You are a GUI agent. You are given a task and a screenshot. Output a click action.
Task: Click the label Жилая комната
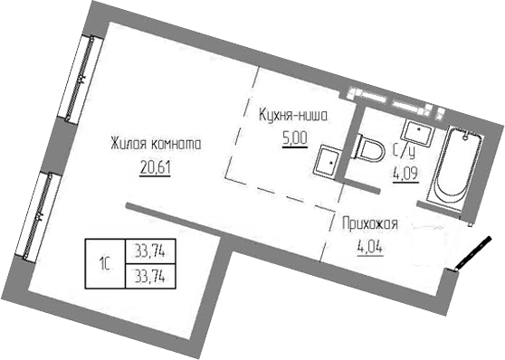(x=155, y=145)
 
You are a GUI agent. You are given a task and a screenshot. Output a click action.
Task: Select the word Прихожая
(x=370, y=223)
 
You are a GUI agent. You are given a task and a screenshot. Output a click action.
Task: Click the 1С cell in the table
(x=105, y=263)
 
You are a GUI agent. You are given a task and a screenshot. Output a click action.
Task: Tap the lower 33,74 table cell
(x=150, y=273)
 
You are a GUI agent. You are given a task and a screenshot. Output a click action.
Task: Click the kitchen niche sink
(x=329, y=162)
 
